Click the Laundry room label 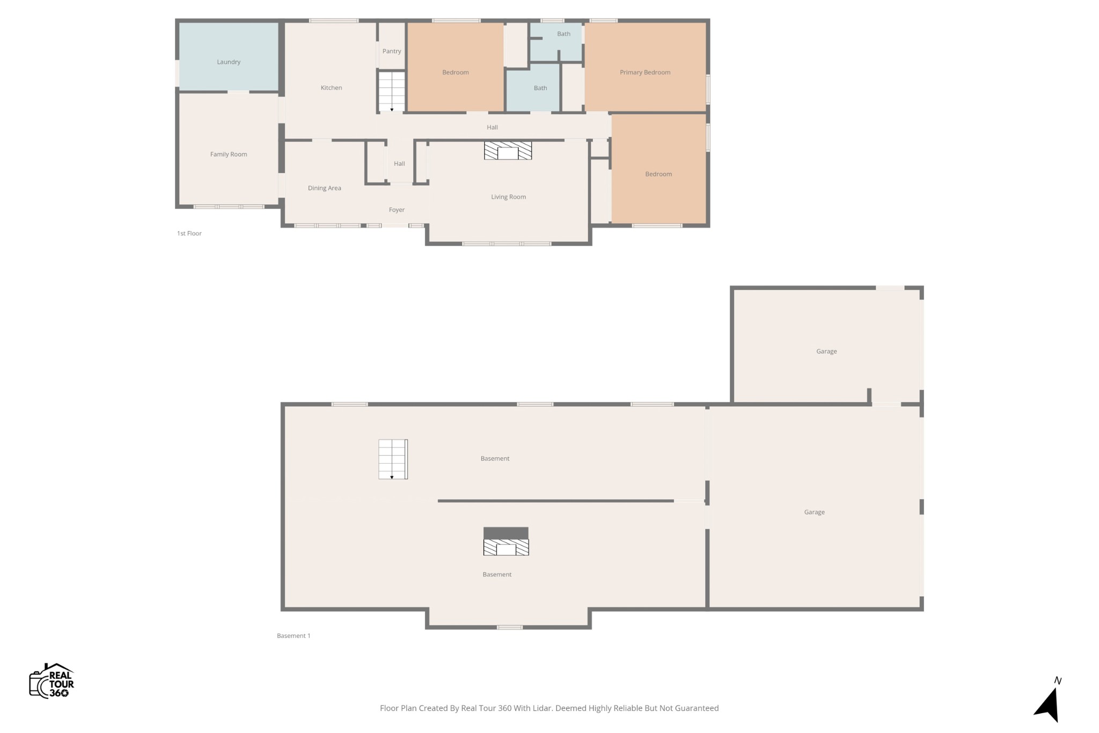[229, 62]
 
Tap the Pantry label [392, 51]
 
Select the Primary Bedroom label [645, 72]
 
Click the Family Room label [229, 154]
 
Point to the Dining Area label [325, 188]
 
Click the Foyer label [397, 210]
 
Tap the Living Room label [508, 197]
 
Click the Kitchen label [331, 87]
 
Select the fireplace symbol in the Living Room [508, 151]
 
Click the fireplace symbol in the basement [506, 541]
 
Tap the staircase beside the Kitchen [392, 91]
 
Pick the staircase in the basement [393, 459]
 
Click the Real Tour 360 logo [52, 681]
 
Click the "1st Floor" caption [189, 233]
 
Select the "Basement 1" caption [294, 636]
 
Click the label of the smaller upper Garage [826, 351]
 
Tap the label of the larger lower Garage [814, 512]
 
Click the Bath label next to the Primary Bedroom [563, 34]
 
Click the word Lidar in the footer [541, 708]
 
